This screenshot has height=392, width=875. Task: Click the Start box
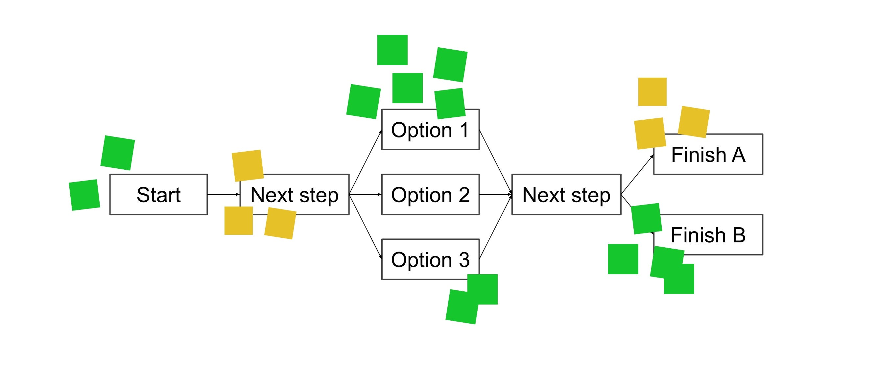(158, 194)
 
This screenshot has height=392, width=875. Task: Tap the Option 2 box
(430, 194)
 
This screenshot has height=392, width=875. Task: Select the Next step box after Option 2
(566, 194)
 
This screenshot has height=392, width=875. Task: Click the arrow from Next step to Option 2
(365, 194)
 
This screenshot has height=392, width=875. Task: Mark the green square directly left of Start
(84, 195)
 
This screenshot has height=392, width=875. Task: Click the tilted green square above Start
(118, 153)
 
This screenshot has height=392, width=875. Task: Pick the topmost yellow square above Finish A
(652, 91)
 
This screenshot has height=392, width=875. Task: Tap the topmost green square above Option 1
(392, 50)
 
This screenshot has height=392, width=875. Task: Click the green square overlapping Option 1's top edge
(450, 103)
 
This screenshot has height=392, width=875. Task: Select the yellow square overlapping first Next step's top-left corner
(248, 165)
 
